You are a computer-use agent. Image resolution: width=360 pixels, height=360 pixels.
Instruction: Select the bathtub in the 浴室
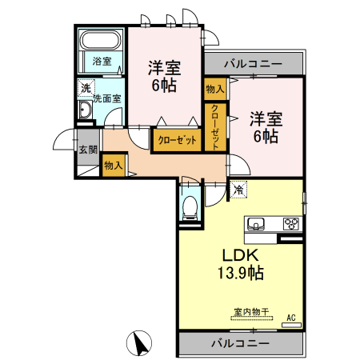[101, 40]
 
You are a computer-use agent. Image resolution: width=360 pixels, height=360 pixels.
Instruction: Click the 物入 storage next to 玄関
[113, 165]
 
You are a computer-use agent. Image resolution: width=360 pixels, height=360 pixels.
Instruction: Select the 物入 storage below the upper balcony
[214, 89]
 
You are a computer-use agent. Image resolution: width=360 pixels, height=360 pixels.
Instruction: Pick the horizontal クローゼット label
[175, 140]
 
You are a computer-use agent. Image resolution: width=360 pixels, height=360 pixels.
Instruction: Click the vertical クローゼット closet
[214, 126]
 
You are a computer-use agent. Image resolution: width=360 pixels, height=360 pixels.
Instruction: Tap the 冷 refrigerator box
[238, 190]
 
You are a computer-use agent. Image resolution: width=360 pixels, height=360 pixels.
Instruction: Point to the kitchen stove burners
[291, 224]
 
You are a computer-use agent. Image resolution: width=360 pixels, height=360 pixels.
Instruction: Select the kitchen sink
[257, 223]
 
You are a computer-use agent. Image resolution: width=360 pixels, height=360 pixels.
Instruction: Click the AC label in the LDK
[291, 318]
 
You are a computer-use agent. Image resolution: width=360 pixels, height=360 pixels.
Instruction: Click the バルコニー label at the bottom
[241, 343]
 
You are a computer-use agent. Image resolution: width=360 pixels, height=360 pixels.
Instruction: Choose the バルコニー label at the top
[253, 62]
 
